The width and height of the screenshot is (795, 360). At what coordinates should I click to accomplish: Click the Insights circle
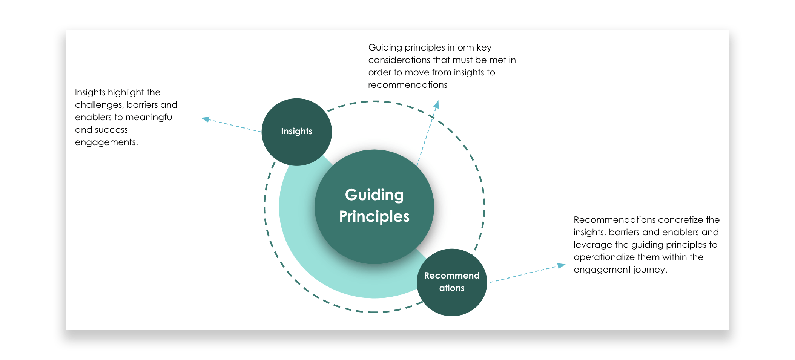pos(296,132)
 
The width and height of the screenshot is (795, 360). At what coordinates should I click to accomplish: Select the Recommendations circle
pos(452,282)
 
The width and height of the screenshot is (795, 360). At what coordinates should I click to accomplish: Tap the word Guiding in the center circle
pos(374,195)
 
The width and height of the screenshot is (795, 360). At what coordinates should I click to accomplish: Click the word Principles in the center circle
pos(374,217)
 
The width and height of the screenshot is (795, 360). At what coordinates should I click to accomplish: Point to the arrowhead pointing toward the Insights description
pos(205,119)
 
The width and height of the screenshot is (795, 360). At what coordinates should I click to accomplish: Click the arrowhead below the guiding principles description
pos(436,104)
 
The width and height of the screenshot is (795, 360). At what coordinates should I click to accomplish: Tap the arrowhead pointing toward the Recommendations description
pos(561,266)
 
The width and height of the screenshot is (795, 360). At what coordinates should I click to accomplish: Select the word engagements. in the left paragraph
pos(106,142)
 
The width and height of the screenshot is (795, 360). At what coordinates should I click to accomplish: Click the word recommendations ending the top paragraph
pos(407,85)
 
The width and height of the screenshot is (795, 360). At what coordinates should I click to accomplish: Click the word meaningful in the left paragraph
pos(149,117)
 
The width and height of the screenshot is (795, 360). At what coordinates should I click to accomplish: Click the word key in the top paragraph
pos(484,47)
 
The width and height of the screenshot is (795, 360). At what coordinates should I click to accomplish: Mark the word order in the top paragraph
pos(380,72)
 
